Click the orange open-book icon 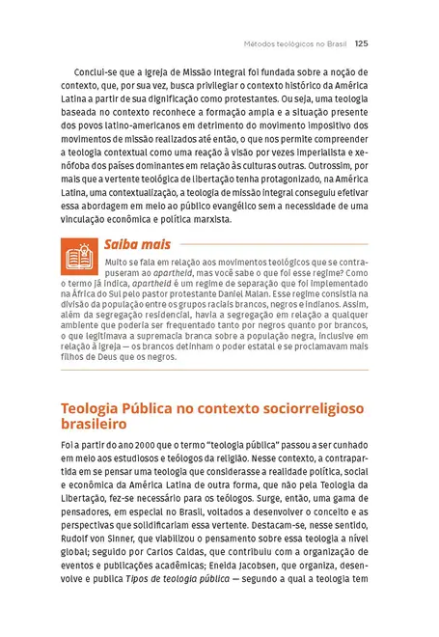tap(77, 256)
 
